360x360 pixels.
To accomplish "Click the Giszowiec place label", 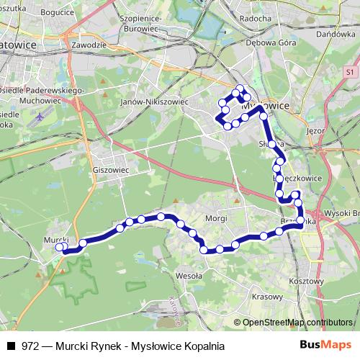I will click(x=110, y=171).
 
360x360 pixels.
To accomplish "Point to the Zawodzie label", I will click(x=85, y=45).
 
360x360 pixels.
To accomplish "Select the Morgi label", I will click(x=215, y=218).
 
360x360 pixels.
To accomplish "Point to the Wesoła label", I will click(x=187, y=274).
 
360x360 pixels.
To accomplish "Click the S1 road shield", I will click(x=348, y=73).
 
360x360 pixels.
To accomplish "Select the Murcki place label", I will click(x=55, y=239).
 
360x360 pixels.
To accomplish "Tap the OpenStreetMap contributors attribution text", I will click(x=298, y=323).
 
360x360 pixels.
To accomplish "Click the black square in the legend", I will click(x=11, y=346).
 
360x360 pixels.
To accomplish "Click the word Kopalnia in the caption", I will click(x=204, y=346).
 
